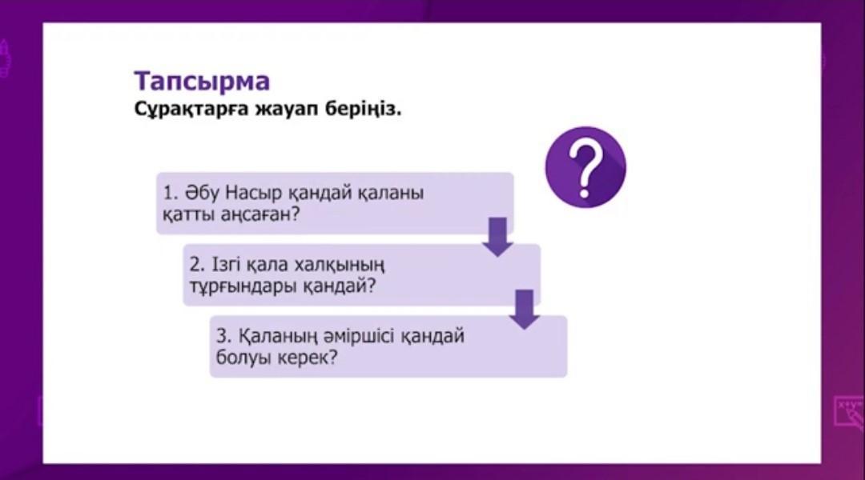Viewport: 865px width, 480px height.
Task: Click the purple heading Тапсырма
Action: (202, 82)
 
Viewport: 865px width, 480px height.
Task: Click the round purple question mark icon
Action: (585, 167)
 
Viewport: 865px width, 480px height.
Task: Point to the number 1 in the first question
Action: (168, 193)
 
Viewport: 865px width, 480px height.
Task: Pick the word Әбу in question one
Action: (203, 193)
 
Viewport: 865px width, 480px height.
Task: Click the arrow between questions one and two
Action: (497, 237)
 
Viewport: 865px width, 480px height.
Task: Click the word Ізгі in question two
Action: (224, 265)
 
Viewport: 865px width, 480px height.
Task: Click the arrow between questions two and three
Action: (524, 309)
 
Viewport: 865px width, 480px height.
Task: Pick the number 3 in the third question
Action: (222, 336)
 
